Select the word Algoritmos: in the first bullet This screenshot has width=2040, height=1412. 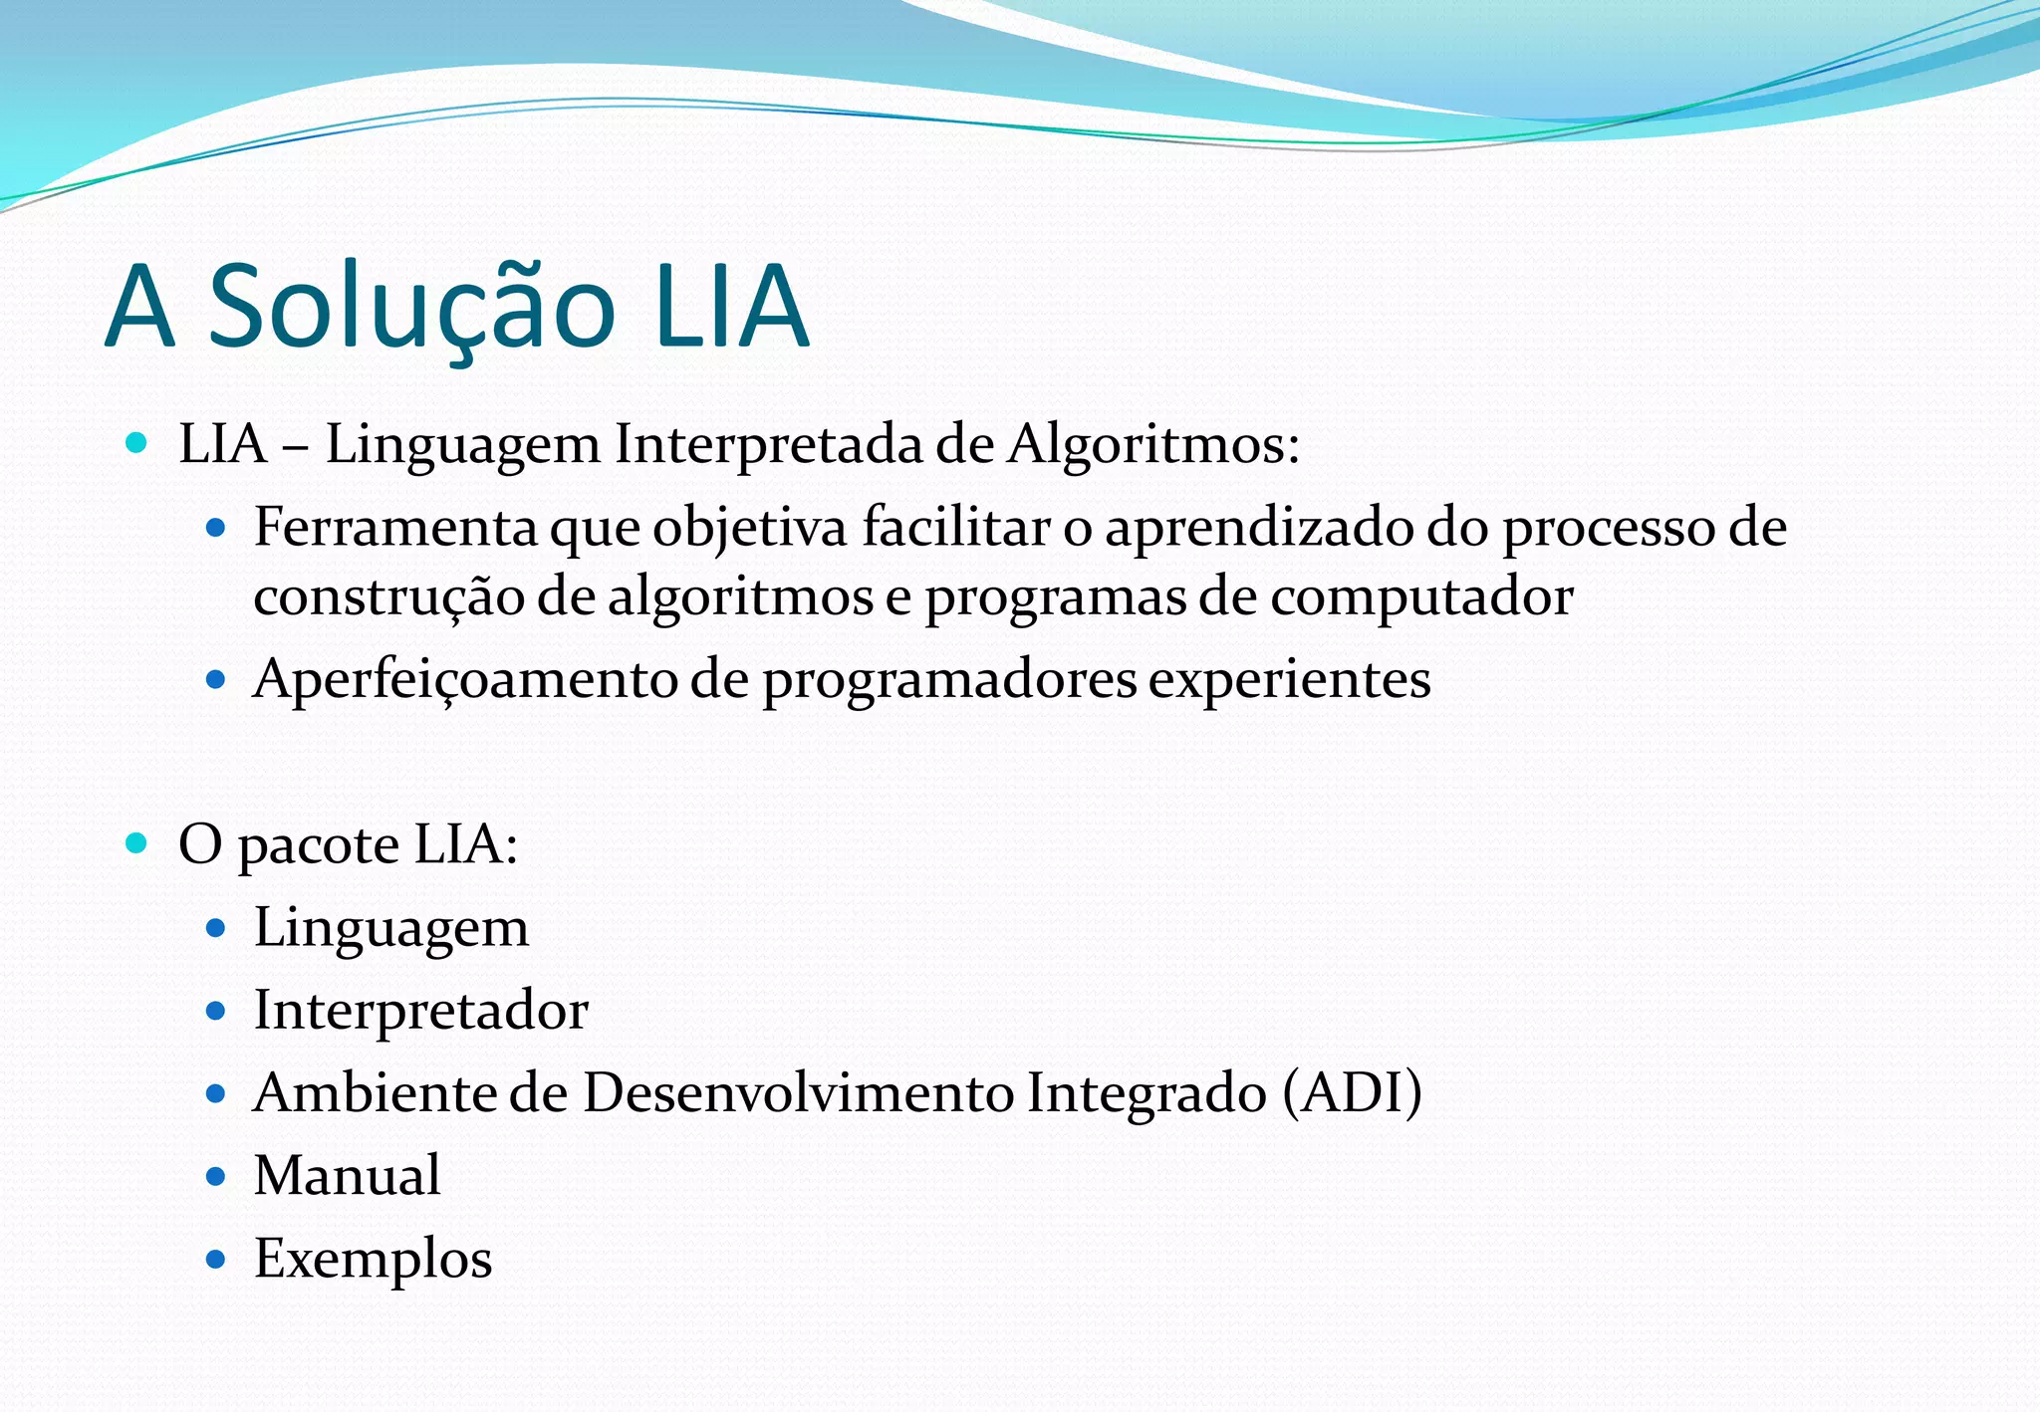(x=1153, y=444)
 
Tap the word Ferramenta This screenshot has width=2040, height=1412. (x=395, y=527)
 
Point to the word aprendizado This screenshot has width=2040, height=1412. (x=1258, y=529)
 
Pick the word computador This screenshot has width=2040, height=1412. (x=1421, y=597)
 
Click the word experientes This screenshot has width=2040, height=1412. (x=1289, y=681)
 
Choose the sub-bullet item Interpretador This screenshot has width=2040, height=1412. (x=420, y=1011)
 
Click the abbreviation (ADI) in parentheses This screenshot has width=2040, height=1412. (x=1352, y=1093)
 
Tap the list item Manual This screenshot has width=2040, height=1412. (x=347, y=1176)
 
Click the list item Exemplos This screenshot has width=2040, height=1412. (x=373, y=1259)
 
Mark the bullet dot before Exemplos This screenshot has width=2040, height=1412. (x=216, y=1260)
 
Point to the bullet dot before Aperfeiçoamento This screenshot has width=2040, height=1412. (x=216, y=681)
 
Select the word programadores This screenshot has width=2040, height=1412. (x=948, y=681)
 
